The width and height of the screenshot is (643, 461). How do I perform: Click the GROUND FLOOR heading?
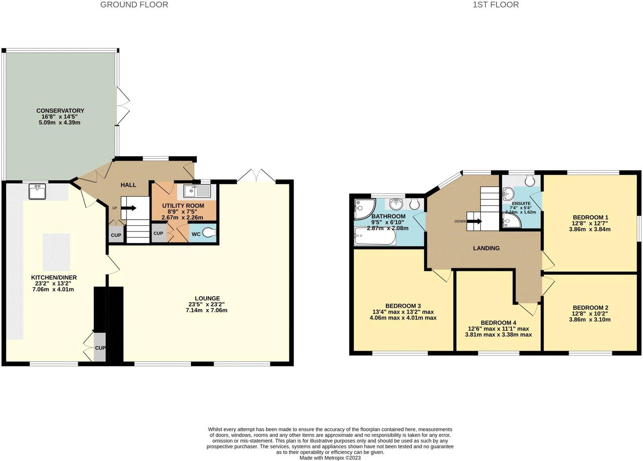(134, 5)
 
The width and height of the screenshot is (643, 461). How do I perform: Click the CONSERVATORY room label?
(60, 111)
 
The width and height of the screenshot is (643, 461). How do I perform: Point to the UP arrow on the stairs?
(129, 208)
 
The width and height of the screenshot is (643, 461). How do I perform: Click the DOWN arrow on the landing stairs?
(474, 221)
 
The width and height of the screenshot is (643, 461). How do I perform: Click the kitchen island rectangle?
(56, 252)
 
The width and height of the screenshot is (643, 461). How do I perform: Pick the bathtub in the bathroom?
(375, 236)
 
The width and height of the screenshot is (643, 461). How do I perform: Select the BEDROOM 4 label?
(498, 323)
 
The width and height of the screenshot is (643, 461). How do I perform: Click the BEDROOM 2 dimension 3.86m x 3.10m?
(590, 320)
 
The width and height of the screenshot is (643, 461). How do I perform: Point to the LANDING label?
(486, 248)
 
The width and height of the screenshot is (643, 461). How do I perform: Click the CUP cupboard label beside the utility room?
(158, 233)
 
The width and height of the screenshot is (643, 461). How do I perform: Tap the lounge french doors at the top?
(256, 176)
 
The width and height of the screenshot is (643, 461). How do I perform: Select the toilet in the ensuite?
(529, 182)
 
